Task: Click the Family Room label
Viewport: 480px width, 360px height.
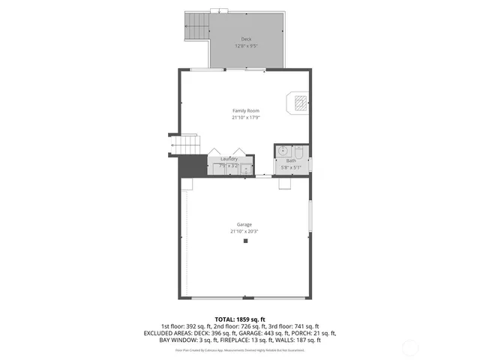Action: tap(245, 111)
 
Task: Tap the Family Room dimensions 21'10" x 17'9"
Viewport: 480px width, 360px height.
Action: tap(245, 117)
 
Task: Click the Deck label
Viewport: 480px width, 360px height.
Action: tap(246, 38)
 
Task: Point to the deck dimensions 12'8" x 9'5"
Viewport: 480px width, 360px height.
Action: tap(246, 45)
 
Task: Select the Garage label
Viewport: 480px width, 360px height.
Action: tap(244, 224)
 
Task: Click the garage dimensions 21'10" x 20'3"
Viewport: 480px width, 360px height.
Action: tap(244, 231)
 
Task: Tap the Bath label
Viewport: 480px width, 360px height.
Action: tap(291, 161)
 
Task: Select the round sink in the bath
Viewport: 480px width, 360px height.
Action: tap(282, 151)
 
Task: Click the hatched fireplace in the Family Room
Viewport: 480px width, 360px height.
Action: tap(299, 102)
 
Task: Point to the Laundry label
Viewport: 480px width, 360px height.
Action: tap(229, 159)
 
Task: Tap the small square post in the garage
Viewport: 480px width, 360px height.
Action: tap(245, 241)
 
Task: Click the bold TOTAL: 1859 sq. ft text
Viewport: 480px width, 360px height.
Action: tap(240, 319)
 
